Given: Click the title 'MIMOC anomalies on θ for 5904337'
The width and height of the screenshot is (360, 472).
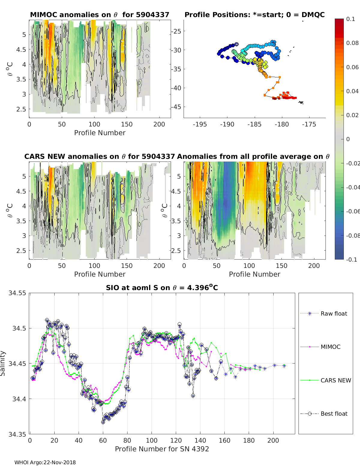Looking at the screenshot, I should point(100,15).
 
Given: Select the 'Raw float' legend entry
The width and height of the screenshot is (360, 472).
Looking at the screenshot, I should point(334,313).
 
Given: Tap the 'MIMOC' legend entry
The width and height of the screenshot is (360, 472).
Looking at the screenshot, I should point(330,347).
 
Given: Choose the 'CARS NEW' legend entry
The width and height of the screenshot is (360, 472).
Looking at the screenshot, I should point(335,380).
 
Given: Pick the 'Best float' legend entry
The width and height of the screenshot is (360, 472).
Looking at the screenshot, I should point(334,414).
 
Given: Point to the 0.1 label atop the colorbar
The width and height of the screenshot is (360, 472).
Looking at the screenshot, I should point(350,19).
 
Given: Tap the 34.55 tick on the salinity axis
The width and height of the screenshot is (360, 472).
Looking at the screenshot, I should point(17,293).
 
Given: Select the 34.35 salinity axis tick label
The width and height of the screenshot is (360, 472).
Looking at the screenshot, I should point(17,434).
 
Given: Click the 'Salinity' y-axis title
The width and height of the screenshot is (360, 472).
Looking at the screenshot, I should point(3,363).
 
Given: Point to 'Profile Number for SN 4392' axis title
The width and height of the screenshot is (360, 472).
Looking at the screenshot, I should point(162,449).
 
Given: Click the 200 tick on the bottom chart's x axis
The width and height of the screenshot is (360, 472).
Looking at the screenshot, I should point(273,441).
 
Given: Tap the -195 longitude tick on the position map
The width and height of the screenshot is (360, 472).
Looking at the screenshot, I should point(200,124).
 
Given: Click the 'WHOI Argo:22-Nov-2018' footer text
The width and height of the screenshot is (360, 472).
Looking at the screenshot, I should point(45,462).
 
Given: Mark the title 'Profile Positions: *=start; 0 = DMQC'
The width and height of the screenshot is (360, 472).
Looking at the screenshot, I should point(254,15).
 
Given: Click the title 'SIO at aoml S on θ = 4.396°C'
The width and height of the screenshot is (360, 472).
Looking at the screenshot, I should point(162,288).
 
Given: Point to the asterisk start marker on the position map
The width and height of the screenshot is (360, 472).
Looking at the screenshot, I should point(237,44).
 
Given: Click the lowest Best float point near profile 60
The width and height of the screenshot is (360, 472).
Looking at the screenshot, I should point(103,422).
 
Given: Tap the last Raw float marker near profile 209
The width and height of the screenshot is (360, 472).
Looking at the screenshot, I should point(284,366).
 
